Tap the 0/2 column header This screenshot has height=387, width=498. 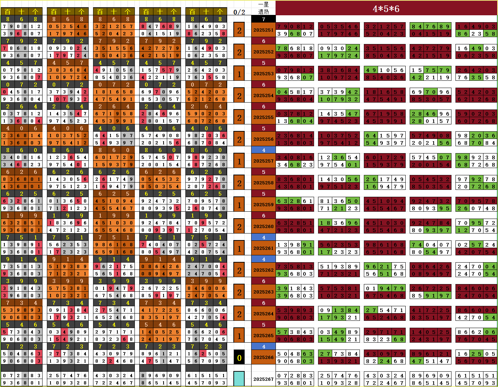(239, 12)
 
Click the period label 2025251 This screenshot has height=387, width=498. (263, 30)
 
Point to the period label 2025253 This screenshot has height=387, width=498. (263, 73)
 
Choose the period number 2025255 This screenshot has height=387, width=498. (263, 117)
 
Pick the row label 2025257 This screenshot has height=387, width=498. (263, 161)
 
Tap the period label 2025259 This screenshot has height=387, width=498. (263, 204)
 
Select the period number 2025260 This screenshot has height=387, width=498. (263, 226)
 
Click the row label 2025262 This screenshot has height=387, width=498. (263, 270)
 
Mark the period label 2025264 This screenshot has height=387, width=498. (263, 314)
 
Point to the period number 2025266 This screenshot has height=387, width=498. (263, 357)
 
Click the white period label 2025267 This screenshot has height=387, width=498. (263, 379)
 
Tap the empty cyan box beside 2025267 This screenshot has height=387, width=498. (239, 379)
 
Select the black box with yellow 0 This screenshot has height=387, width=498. (239, 358)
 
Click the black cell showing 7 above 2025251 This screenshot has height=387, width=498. (263, 19)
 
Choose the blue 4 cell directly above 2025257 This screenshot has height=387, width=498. (263, 150)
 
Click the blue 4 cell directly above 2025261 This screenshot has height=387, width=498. (263, 237)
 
